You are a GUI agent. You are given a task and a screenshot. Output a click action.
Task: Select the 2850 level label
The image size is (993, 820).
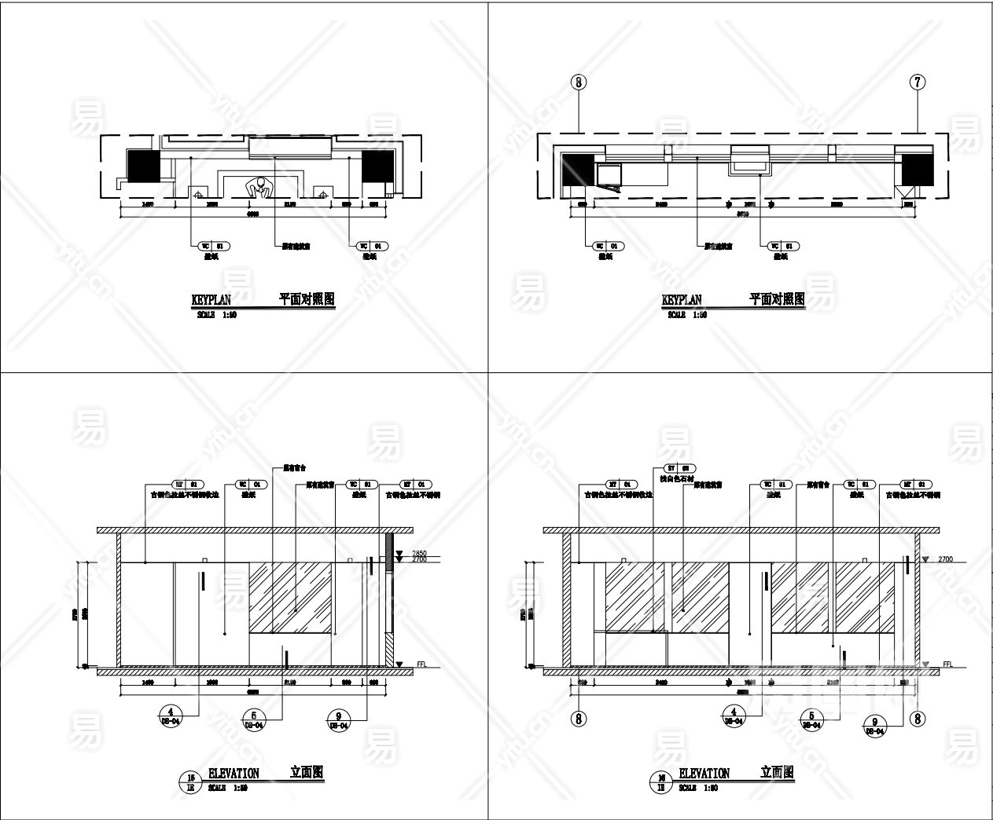coord(418,553)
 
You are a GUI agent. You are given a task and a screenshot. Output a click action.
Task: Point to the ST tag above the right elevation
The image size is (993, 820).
coord(666,468)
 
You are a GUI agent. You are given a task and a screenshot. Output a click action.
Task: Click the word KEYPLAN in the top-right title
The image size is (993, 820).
coord(682,300)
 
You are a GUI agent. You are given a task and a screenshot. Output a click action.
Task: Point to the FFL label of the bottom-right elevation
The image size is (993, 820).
coord(949,664)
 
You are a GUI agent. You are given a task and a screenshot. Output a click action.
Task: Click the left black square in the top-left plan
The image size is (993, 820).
coord(143,165)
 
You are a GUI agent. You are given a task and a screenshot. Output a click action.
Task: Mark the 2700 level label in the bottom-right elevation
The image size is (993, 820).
coord(945,559)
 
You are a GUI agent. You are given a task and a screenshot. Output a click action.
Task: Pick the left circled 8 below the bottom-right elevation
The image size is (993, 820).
coord(579,717)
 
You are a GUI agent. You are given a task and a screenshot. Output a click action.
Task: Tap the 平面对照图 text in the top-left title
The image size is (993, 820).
coord(307,299)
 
